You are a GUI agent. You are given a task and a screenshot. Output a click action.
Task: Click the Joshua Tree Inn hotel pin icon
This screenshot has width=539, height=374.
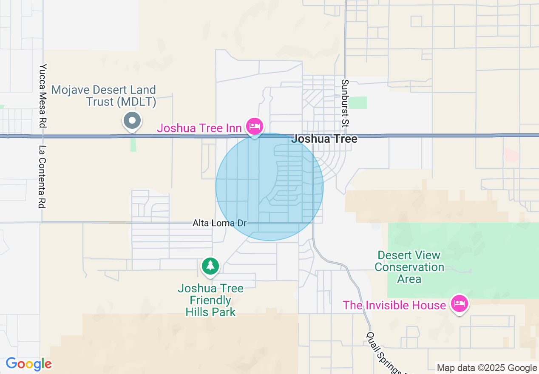point(255,126)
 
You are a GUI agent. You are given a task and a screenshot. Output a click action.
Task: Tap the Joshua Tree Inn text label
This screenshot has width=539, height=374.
point(199,128)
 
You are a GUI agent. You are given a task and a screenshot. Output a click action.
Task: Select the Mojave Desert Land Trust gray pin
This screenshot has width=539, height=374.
point(132,121)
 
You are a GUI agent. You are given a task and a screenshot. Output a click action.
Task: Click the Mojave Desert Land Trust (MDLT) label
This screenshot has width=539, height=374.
point(104,96)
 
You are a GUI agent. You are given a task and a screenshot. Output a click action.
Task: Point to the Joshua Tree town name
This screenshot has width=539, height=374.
point(324,139)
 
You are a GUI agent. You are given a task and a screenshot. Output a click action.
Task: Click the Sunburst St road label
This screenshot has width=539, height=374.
point(345,103)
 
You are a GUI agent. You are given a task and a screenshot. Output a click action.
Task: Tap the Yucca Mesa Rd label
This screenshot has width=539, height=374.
point(43,96)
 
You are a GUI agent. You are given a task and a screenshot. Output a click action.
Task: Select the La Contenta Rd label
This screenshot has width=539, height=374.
point(42,177)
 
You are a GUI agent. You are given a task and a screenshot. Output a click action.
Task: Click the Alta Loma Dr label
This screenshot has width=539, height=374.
point(219,223)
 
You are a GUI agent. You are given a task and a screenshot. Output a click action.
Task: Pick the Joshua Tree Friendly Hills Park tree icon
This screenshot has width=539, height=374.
point(210,266)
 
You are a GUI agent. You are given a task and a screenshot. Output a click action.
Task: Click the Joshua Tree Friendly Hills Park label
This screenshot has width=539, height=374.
point(210,300)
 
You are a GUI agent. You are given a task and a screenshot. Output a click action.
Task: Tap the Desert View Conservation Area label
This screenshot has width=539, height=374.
point(409,267)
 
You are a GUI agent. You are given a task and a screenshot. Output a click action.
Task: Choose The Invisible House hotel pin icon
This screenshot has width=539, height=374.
point(460,304)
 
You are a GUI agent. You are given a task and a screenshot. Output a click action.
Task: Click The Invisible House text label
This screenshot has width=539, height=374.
point(394,305)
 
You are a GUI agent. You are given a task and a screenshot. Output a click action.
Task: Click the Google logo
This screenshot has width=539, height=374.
point(28,364)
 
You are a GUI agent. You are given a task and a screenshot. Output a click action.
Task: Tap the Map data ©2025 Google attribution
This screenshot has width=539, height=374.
point(487,368)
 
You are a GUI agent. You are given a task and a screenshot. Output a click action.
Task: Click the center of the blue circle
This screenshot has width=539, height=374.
point(269,187)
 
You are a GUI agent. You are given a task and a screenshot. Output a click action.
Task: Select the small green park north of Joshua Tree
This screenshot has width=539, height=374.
point(359,102)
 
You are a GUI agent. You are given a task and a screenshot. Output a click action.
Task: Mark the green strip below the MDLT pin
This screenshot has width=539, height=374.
point(133,144)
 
